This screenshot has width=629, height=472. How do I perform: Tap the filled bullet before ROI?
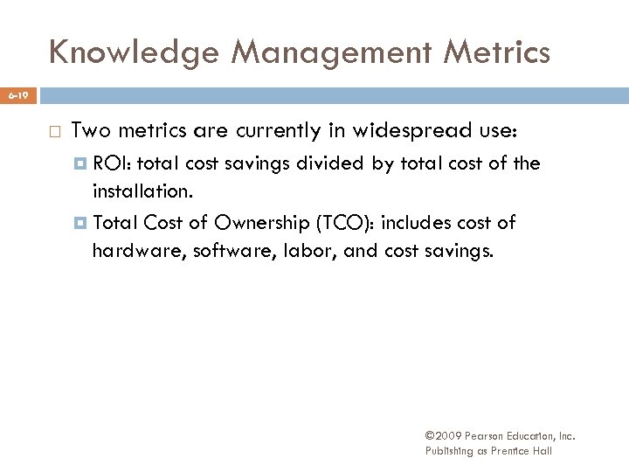[82, 163]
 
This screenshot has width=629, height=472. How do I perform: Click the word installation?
[141, 191]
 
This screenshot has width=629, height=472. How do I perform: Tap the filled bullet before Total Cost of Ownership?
[82, 223]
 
